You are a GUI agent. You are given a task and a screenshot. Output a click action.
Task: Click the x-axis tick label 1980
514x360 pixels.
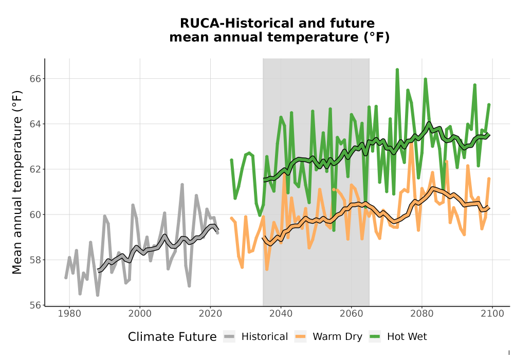[x=69, y=314]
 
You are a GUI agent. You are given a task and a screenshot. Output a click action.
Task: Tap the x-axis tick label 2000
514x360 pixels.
[x=140, y=314]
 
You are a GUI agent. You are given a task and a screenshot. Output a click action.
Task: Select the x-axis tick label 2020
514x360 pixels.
[x=210, y=314]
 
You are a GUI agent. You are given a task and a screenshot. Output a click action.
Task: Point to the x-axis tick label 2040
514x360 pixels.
[x=281, y=314]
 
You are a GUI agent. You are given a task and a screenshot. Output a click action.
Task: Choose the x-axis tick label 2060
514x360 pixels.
[x=352, y=314]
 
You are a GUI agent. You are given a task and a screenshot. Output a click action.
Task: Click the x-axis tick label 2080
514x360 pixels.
[x=422, y=314]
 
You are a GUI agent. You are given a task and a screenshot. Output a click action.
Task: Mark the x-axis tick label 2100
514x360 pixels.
[x=492, y=314]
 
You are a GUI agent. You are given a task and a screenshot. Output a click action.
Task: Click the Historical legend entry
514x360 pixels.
[x=255, y=337]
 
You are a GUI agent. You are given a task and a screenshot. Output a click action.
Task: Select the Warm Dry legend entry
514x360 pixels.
[x=328, y=337]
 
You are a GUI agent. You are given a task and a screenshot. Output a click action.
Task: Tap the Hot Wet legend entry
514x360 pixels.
[x=398, y=337]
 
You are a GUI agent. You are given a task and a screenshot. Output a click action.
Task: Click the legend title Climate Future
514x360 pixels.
[x=172, y=337]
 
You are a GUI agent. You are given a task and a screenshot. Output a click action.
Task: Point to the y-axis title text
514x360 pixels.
[x=17, y=182]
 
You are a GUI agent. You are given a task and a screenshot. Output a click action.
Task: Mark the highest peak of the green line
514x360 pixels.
[x=397, y=69]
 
